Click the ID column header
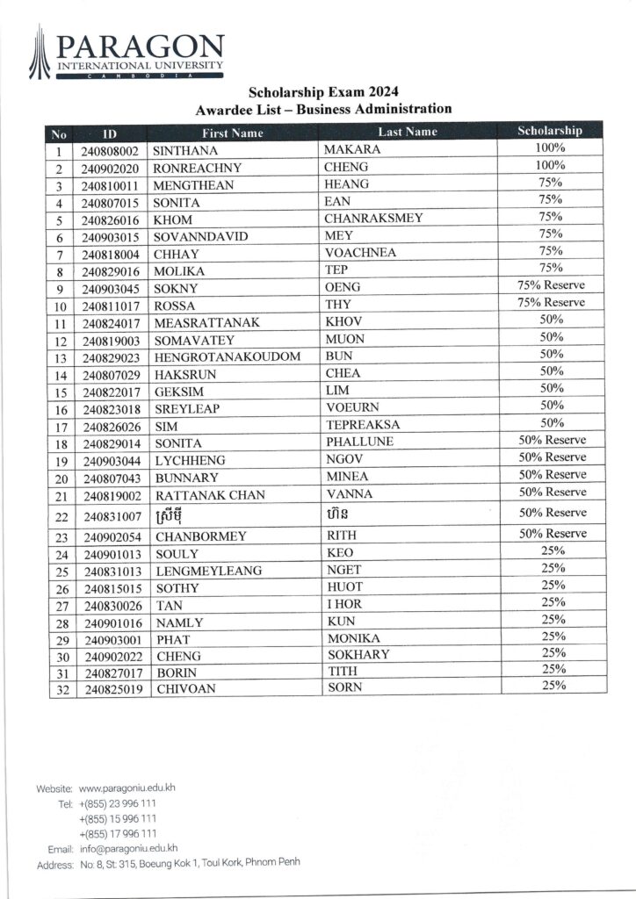110,133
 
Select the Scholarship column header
550,131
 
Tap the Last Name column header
407,132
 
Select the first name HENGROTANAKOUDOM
228,356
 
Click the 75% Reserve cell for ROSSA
551,303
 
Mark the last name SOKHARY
358,655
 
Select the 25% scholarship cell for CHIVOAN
553,686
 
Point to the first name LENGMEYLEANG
208,571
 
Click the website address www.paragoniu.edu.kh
127,788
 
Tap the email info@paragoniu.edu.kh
128,848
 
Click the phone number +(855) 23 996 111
118,803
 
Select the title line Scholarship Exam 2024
324,91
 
